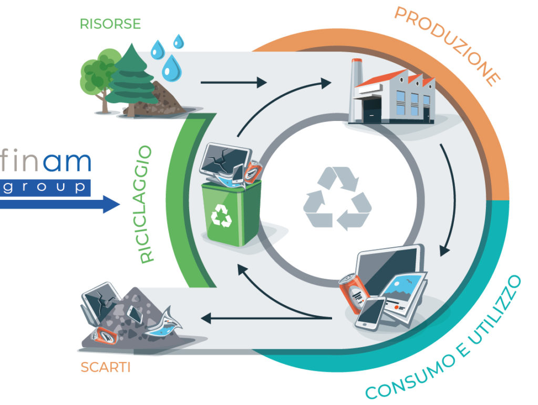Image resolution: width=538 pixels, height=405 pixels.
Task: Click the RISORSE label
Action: [x=110, y=24]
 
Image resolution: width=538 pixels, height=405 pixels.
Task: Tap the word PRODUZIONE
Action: [x=446, y=45]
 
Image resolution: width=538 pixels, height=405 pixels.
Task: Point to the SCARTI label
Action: [x=105, y=367]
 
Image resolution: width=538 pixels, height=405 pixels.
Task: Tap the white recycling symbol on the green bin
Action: [x=221, y=216]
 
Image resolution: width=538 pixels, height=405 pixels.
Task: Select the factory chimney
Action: [x=356, y=73]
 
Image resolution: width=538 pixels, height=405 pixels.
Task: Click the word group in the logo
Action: [x=45, y=187]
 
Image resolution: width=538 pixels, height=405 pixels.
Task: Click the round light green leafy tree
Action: [x=97, y=71]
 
